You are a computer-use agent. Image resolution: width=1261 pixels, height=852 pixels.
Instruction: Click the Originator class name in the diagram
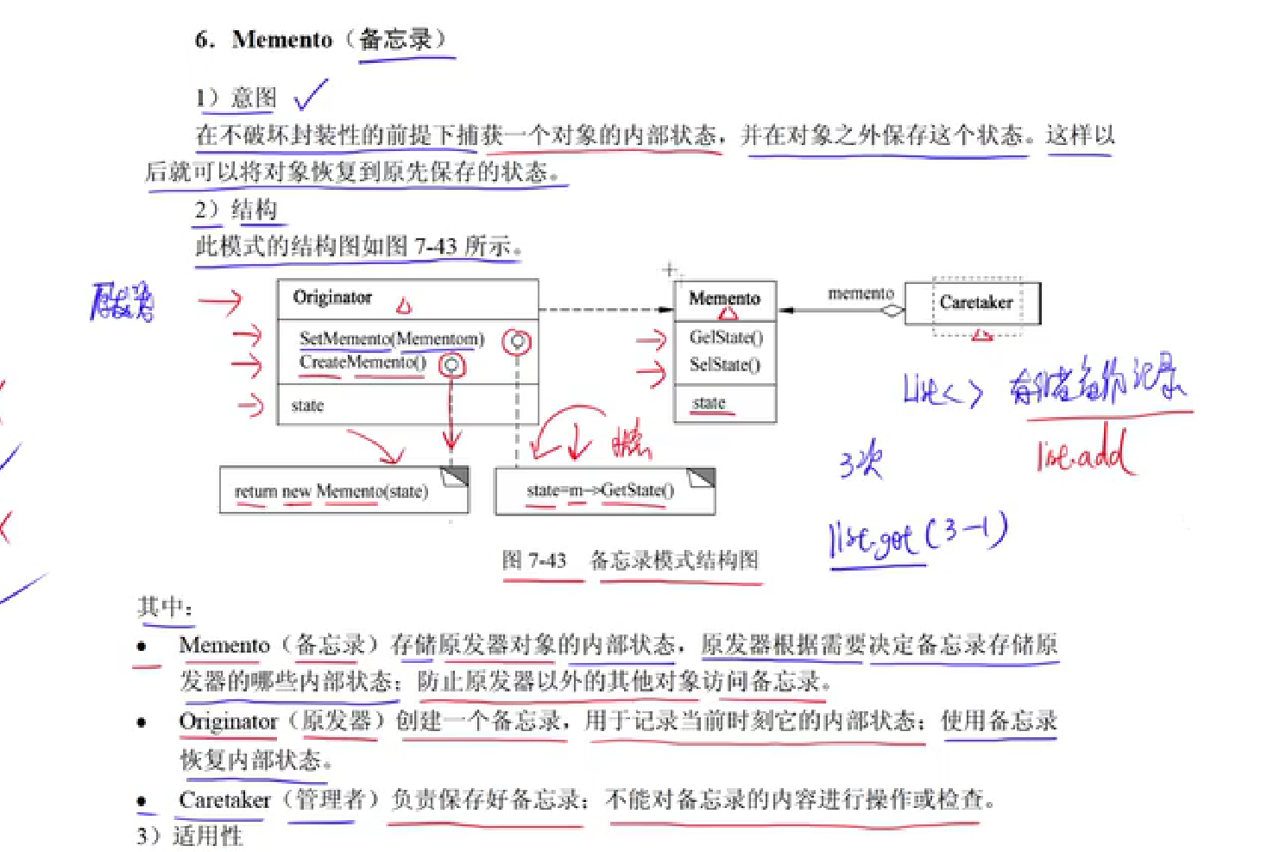(x=332, y=298)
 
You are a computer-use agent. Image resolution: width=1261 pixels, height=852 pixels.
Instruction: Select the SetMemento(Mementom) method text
(x=391, y=338)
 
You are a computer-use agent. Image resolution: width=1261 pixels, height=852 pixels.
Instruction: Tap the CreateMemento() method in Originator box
(x=363, y=363)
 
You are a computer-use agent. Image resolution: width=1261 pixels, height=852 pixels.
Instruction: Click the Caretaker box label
(x=975, y=302)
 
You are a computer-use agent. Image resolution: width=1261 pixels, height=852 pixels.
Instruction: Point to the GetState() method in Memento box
(x=726, y=337)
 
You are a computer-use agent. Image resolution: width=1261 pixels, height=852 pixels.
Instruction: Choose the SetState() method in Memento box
(x=725, y=364)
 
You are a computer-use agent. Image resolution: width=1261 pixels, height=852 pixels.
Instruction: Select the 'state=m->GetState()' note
(x=600, y=490)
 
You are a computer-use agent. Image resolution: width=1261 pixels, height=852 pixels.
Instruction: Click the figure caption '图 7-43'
(x=534, y=560)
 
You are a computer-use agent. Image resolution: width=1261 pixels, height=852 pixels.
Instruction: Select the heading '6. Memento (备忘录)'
(x=320, y=40)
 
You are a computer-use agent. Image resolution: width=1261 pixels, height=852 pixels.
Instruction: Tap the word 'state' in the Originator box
(x=307, y=405)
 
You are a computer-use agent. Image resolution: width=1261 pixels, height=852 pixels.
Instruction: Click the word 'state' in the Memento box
(x=709, y=402)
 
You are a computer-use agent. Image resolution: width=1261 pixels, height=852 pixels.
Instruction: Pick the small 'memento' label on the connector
(x=860, y=293)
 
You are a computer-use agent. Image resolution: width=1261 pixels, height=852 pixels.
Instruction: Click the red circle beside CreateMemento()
(x=451, y=365)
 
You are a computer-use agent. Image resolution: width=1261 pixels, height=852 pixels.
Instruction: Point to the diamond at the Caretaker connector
(x=892, y=311)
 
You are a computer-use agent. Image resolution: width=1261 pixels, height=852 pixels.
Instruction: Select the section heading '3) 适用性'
(x=190, y=836)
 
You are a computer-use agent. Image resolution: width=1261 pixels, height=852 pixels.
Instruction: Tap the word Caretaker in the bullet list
(x=224, y=800)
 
